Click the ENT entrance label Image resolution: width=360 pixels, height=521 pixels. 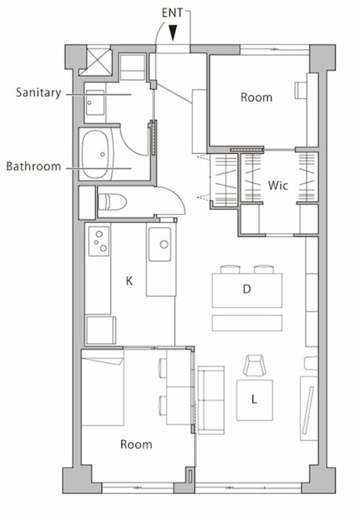pos(172,13)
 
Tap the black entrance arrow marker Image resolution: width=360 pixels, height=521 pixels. pos(173,33)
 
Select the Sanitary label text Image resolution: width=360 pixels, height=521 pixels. pos(39,92)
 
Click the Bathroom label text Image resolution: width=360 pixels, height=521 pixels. pos(34,166)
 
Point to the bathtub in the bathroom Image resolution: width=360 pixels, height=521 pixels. pos(98,154)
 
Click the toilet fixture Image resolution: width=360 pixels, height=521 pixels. pos(113,202)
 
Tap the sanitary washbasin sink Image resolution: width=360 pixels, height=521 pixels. pos(95,103)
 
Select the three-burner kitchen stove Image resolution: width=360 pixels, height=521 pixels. pos(99,241)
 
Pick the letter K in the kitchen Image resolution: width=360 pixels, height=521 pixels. pos(129,281)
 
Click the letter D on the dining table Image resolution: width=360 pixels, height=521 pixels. pos(246,289)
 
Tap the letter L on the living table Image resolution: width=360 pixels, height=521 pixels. pos(254,399)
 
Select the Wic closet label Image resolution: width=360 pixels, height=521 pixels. pos(278,185)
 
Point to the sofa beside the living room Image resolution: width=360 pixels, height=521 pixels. pos(211,400)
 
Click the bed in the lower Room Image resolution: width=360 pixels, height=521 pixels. pos(103,388)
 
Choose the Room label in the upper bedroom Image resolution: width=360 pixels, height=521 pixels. pos(256,97)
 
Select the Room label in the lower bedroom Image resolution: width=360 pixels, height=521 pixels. pos(136,444)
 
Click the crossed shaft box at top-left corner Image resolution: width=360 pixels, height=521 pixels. pos(99,62)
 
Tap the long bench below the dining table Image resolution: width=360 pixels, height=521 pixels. pos(247,323)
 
